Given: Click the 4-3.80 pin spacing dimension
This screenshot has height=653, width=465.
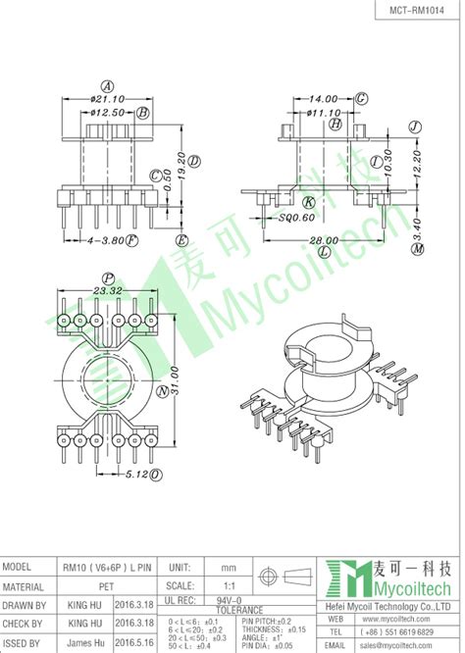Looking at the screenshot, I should tap(103, 238).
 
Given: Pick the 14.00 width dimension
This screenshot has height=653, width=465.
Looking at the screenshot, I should tap(323, 99).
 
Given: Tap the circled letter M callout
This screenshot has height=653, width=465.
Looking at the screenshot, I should tap(417, 250).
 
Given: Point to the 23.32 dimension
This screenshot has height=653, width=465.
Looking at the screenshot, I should tap(108, 290).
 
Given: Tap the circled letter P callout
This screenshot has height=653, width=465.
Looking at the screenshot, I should tap(109, 277).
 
